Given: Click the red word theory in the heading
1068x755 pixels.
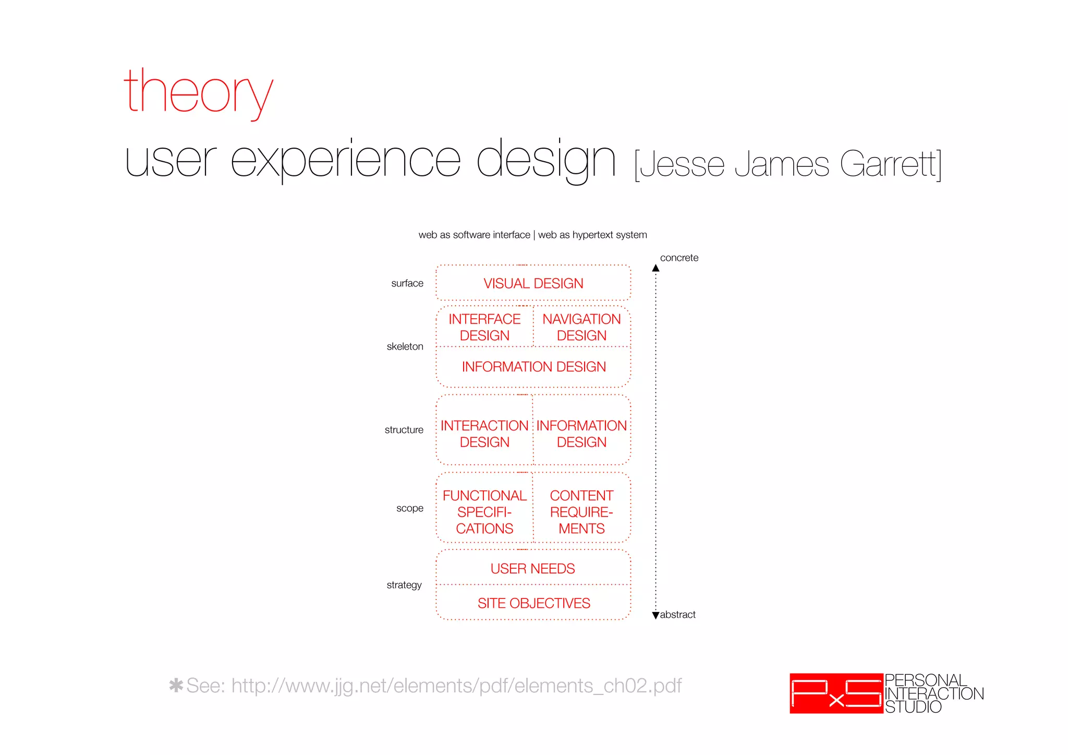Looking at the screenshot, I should click(198, 93).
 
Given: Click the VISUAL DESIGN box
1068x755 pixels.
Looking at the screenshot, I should click(533, 283).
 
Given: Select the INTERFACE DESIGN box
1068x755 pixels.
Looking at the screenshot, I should click(484, 327).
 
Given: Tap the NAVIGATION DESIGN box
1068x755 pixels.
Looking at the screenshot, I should click(581, 327).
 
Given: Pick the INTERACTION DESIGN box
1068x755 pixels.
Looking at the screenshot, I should click(484, 434).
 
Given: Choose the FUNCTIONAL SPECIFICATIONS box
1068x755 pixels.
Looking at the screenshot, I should click(484, 512).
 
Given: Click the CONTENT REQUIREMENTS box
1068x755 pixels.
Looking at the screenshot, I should click(581, 512).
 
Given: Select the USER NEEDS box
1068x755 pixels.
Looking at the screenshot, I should click(533, 568).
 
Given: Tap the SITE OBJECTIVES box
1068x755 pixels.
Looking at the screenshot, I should click(533, 603).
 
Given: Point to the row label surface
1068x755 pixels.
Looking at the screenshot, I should click(407, 283).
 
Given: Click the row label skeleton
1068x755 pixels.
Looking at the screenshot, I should click(405, 346).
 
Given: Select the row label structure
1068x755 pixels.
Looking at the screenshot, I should click(404, 430).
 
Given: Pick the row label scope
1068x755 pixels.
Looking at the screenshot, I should click(409, 508).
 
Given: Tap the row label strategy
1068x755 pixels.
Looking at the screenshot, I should click(404, 585).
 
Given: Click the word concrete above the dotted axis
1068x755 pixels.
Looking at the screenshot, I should click(679, 258).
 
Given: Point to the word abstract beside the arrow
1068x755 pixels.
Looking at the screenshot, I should click(677, 615).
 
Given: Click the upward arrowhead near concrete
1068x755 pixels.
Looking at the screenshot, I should click(656, 268).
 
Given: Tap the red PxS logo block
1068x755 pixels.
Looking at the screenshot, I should click(836, 693).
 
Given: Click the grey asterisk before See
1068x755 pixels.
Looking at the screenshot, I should click(176, 685).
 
